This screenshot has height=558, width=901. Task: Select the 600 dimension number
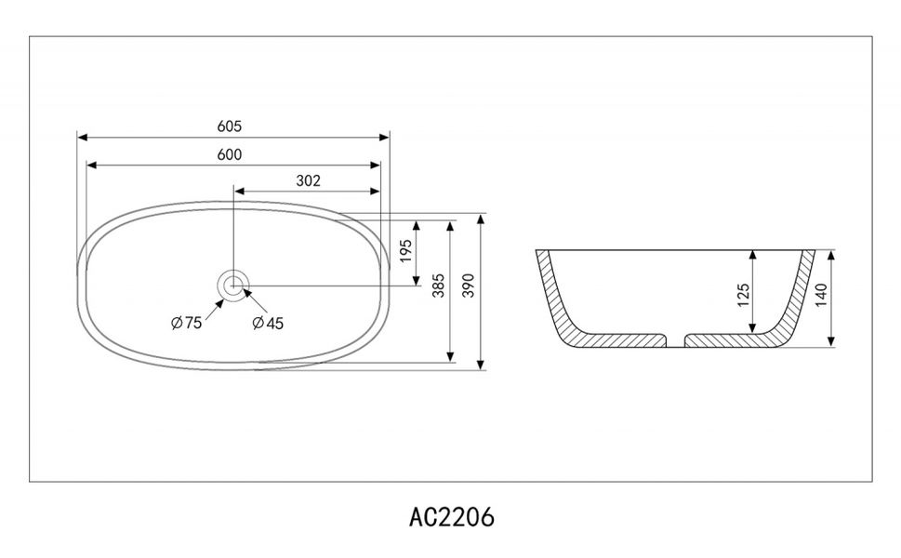[230, 154]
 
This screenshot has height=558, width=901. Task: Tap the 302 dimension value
[308, 181]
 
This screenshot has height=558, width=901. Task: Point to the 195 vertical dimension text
[406, 251]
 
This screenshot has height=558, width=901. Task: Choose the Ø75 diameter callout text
[187, 323]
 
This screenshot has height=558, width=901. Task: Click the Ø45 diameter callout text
[268, 323]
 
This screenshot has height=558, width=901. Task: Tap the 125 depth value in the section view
[742, 295]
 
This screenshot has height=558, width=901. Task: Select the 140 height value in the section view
[820, 296]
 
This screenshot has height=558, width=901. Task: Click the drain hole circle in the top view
[232, 286]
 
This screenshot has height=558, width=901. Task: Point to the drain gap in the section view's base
[676, 340]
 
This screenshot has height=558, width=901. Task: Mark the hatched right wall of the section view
[796, 302]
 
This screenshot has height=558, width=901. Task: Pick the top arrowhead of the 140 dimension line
[830, 254]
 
